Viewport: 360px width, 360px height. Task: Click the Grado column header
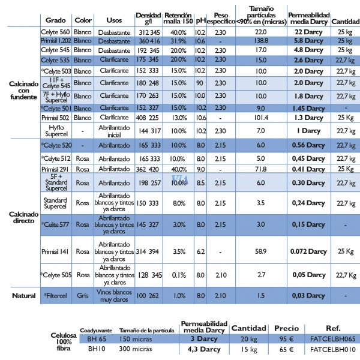click(x=56, y=20)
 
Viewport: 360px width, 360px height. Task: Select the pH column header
click(x=199, y=20)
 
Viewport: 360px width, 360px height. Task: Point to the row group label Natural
click(x=23, y=296)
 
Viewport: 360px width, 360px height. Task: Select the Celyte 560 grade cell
click(x=56, y=31)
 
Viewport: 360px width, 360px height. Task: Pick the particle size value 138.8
click(x=260, y=41)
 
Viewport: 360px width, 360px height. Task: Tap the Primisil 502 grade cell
click(x=56, y=118)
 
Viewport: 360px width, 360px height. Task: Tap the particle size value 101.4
click(x=260, y=118)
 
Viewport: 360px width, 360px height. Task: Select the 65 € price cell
click(x=286, y=349)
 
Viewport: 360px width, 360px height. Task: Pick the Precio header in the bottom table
click(x=286, y=329)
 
